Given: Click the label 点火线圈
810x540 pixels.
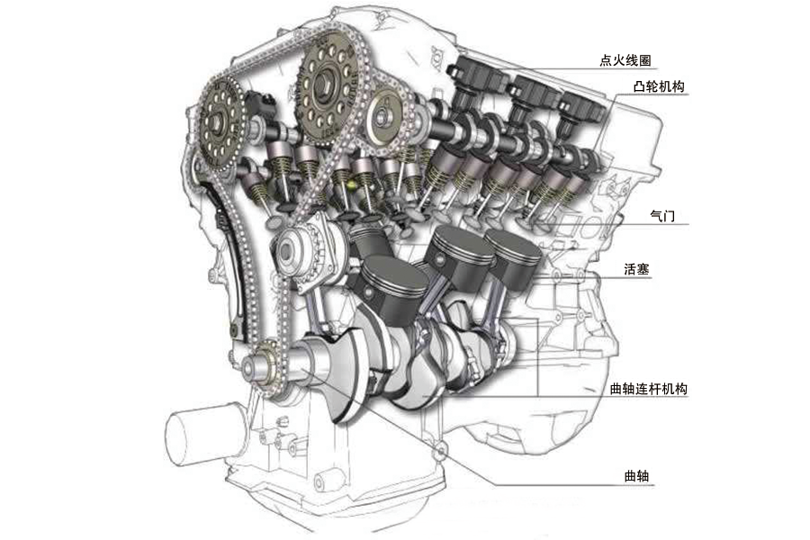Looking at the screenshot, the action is (x=625, y=60).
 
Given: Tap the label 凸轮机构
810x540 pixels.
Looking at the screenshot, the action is (x=659, y=85).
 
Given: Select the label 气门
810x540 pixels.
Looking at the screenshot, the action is (x=662, y=215).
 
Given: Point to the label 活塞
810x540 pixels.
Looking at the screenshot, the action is (x=636, y=269).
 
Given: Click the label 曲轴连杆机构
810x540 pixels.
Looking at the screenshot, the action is (x=649, y=389).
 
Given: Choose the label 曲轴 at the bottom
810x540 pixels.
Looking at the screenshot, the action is (x=636, y=476).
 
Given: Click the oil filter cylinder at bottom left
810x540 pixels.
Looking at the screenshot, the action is (x=205, y=434).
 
